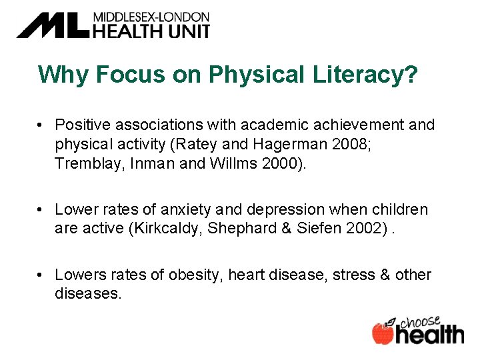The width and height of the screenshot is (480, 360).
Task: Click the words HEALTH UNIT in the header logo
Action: pyautogui.click(x=151, y=30)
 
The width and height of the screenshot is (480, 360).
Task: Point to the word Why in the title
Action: pyautogui.click(x=64, y=75)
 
